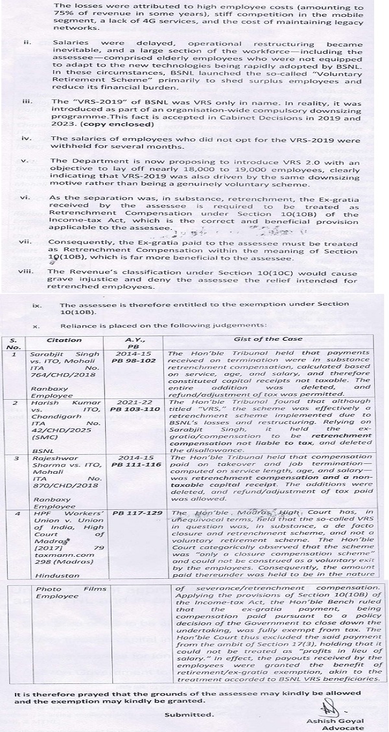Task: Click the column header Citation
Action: tap(64, 339)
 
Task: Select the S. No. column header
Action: tap(15, 343)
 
